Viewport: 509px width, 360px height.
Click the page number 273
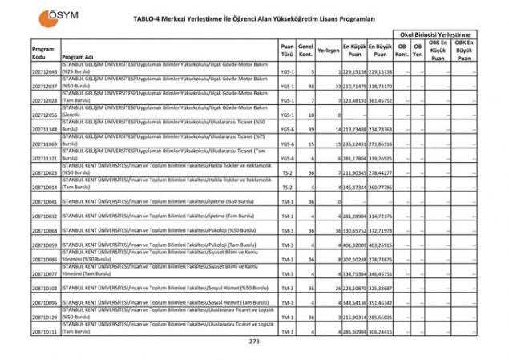pyautogui.click(x=254, y=341)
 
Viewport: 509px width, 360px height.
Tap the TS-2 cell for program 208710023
pyautogui.click(x=287, y=172)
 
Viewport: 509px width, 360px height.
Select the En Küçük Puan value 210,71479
pyautogui.click(x=353, y=87)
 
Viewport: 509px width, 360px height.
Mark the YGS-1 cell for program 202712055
pyautogui.click(x=287, y=115)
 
